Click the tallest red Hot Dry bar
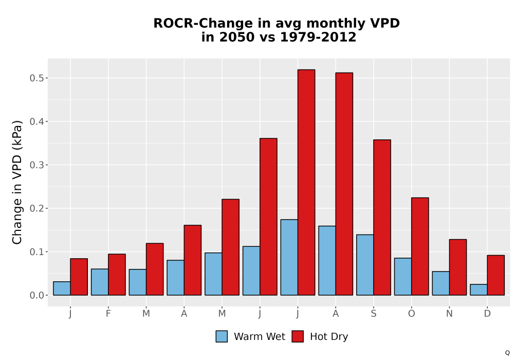[x=306, y=182]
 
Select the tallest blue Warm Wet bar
[x=289, y=257]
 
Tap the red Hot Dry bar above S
[x=382, y=218]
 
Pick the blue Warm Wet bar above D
[x=479, y=290]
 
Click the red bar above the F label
[x=117, y=275]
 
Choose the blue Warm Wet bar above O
[x=403, y=277]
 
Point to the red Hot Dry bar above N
[x=458, y=267]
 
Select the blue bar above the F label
[x=100, y=282]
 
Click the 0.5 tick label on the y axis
[x=36, y=78]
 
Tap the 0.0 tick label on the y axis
[x=36, y=295]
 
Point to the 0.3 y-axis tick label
[x=36, y=165]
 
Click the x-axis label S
[x=373, y=314]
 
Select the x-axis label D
[x=487, y=314]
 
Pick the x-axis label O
[x=411, y=314]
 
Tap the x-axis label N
[x=449, y=314]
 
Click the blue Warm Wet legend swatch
[x=222, y=336]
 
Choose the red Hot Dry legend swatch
[x=298, y=336]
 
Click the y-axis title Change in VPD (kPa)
[x=17, y=182]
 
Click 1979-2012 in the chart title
[x=318, y=37]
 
